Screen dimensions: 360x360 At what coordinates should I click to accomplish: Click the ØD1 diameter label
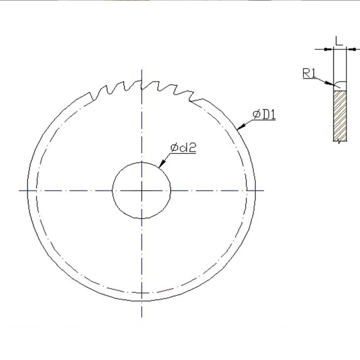pos(264,115)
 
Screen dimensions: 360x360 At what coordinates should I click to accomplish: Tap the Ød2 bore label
pos(183,148)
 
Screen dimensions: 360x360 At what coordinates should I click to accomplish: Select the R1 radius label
pos(309,73)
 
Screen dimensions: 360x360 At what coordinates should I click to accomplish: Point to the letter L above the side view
pos(339,41)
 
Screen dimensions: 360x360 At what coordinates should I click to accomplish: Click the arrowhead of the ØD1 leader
pos(241,126)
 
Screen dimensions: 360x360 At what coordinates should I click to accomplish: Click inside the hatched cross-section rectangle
pos(340,116)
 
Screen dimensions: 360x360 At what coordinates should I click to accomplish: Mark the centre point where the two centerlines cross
pos(142,190)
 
